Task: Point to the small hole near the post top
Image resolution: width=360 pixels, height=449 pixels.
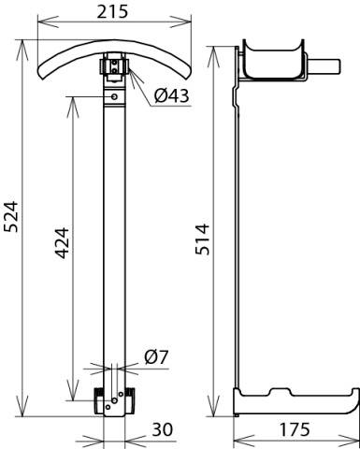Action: tap(113, 96)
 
